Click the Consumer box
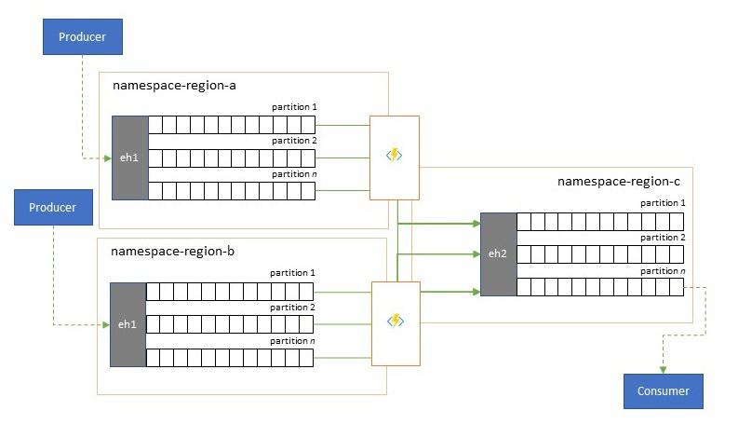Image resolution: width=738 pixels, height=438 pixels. click(664, 391)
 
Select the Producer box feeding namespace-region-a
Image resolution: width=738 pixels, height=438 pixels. click(83, 36)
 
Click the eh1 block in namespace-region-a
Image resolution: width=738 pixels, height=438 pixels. click(129, 157)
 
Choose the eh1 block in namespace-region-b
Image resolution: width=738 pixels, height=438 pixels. click(127, 324)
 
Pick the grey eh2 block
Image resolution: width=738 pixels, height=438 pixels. click(498, 253)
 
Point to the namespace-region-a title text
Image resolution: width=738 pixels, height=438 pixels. click(174, 85)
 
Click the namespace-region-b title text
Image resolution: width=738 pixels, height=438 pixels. click(173, 251)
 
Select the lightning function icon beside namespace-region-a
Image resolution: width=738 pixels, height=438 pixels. click(395, 155)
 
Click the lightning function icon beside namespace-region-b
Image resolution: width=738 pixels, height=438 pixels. click(395, 321)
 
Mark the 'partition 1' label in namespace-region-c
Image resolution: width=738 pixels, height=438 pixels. click(663, 203)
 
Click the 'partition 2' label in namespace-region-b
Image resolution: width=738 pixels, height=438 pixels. click(292, 307)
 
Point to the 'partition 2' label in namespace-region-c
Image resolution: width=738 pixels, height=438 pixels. click(663, 238)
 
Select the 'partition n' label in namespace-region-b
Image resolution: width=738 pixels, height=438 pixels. click(292, 341)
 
